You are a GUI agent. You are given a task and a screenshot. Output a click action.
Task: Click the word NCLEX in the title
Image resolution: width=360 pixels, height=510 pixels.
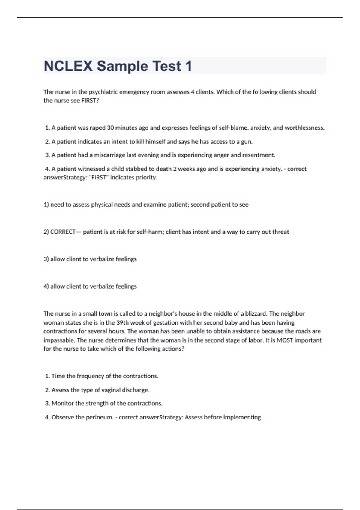point(68,66)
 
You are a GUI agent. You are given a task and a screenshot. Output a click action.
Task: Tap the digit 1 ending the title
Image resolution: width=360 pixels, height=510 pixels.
point(188,66)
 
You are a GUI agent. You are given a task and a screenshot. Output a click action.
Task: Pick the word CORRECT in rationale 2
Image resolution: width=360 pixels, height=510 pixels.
point(63,232)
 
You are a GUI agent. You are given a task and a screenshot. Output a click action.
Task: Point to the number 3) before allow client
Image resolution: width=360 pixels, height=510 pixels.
point(46,259)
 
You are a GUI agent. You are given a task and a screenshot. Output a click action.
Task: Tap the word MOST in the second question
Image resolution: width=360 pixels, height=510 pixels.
point(285,340)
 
